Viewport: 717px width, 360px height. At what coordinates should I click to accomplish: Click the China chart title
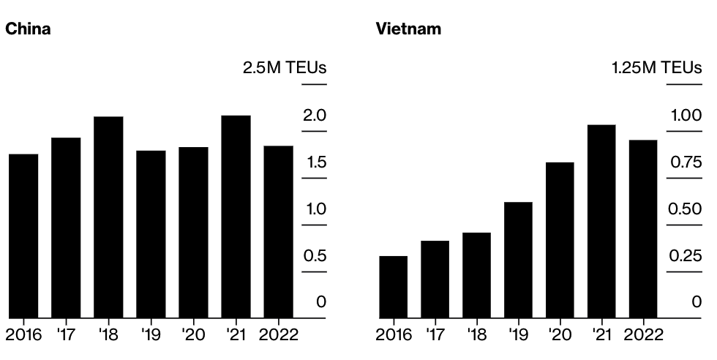28,29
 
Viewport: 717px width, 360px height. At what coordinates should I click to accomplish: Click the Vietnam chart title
408,29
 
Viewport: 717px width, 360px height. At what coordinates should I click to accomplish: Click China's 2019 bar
151,234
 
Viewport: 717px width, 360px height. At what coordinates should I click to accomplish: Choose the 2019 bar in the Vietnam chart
518,260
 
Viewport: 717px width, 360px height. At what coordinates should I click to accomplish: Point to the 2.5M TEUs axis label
285,68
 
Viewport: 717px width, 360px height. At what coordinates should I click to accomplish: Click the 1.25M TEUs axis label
656,68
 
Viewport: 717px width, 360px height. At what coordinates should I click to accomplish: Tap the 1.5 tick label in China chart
316,162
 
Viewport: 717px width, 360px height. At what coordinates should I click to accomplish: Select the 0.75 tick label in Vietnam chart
686,162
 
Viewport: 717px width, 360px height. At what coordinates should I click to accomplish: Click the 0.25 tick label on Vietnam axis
686,256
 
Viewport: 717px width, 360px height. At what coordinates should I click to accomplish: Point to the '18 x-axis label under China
108,335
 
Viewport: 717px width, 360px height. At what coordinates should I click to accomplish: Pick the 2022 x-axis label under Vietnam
643,335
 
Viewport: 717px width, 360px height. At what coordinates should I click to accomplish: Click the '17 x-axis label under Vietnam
435,335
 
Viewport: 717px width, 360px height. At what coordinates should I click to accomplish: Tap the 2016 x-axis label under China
23,335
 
